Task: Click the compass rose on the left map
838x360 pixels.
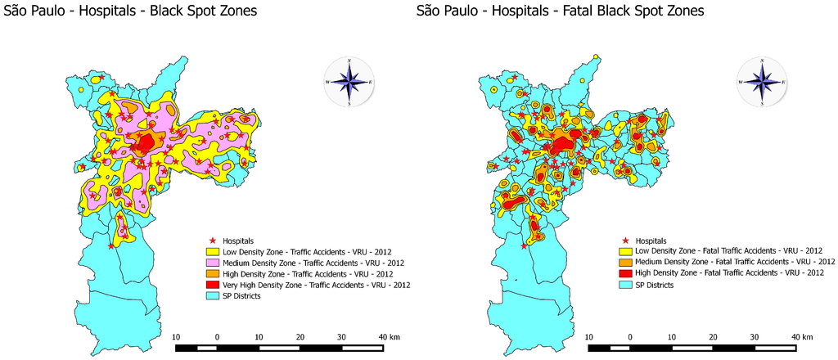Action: [349, 82]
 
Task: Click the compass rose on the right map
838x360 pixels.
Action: [762, 82]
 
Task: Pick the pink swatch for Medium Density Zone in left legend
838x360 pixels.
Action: [212, 263]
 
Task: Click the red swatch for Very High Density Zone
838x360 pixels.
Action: [212, 285]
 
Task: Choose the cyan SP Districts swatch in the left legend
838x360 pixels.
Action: [212, 295]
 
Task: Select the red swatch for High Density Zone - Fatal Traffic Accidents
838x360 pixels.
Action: [624, 272]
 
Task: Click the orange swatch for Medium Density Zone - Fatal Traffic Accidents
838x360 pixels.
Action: [624, 261]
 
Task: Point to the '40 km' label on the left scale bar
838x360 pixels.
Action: [388, 336]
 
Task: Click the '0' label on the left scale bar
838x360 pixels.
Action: [217, 336]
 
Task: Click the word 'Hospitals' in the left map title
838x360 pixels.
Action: [106, 11]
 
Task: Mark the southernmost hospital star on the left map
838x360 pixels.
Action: [111, 245]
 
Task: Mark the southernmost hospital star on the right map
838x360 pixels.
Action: [524, 245]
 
